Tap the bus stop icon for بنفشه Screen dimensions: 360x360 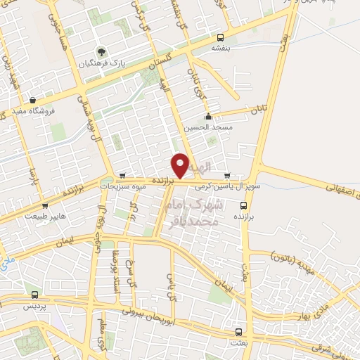(x=221, y=37)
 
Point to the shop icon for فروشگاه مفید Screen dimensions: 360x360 (x=32, y=100)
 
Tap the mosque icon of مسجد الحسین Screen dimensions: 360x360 (x=207, y=117)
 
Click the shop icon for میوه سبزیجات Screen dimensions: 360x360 (x=123, y=176)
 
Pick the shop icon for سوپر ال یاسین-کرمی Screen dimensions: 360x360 (x=226, y=176)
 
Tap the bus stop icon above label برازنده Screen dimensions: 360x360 (x=244, y=206)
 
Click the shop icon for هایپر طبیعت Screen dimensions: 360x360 (x=45, y=206)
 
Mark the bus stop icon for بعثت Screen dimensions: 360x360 (x=238, y=332)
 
